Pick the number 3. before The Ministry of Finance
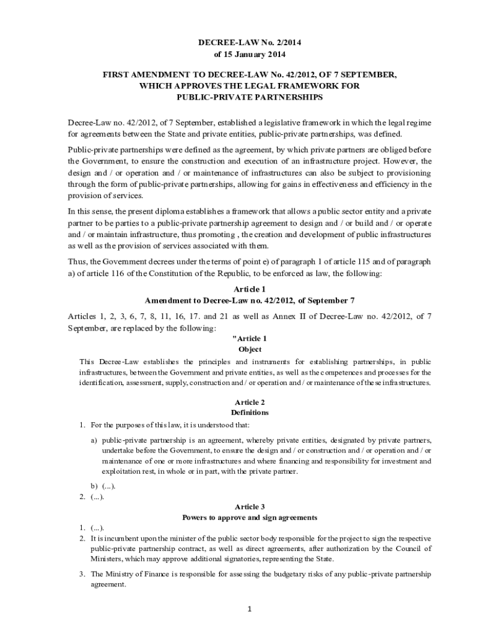pyautogui.click(x=82, y=574)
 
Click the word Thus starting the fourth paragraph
pyautogui.click(x=77, y=261)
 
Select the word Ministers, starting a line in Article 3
pyautogui.click(x=107, y=558)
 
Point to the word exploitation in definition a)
pyautogui.click(x=122, y=471)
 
